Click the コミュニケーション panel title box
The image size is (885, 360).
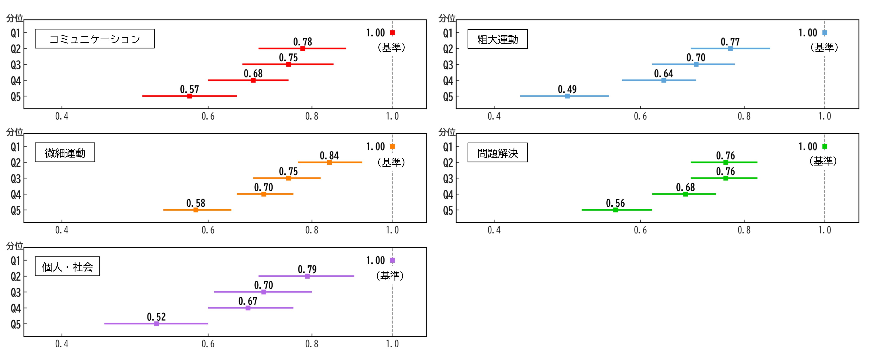[94, 39]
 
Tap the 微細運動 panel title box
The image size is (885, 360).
[65, 152]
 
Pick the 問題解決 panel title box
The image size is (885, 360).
[497, 152]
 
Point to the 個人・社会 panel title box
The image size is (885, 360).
[67, 266]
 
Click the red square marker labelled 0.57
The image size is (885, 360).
[190, 96]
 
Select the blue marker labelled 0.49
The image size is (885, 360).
[567, 96]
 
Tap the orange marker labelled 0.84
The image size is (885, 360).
[329, 162]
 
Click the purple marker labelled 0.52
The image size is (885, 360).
[157, 323]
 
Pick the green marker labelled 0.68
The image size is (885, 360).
[685, 194]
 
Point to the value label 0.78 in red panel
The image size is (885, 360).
[303, 42]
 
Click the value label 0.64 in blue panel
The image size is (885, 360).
[663, 73]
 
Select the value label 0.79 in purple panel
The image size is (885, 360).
[307, 269]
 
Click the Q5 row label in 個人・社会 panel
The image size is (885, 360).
[16, 324]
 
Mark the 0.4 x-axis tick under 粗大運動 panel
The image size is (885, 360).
[494, 116]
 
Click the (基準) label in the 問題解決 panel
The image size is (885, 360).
[823, 161]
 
